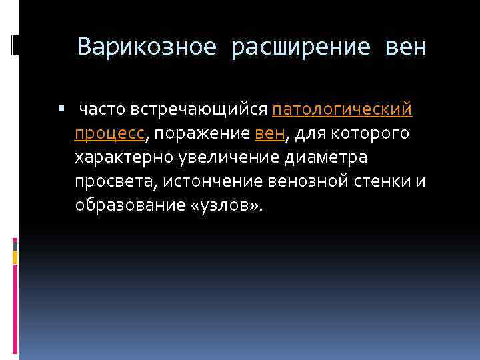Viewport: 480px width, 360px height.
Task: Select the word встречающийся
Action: click(201, 109)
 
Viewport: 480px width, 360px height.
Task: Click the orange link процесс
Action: click(109, 134)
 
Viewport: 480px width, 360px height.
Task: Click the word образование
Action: click(129, 205)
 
